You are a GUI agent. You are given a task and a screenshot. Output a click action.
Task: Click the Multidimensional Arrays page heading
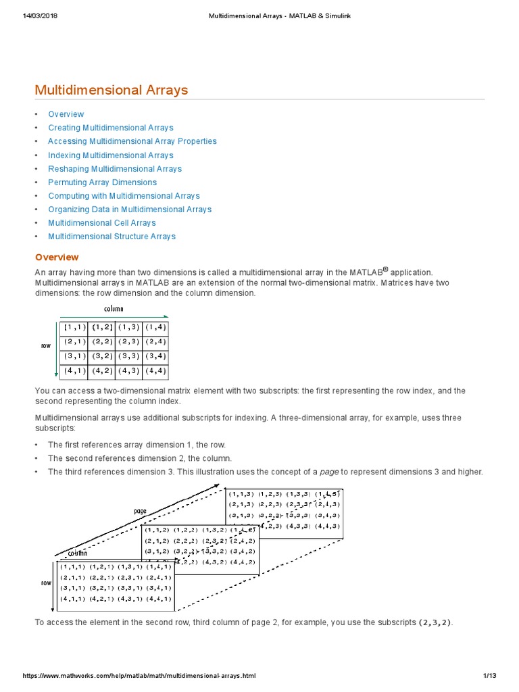click(112, 90)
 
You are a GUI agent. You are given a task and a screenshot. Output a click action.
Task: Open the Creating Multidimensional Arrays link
click(110, 128)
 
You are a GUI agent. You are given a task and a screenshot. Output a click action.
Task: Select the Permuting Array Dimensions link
click(102, 182)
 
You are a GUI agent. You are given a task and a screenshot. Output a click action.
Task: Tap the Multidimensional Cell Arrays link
click(101, 223)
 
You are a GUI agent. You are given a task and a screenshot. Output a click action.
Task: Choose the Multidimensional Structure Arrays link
click(112, 237)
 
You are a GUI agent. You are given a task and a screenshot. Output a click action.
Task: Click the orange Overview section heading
click(57, 257)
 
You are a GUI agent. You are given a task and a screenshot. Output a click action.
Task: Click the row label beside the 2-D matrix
click(46, 345)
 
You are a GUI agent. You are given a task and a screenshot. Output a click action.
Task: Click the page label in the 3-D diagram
click(140, 512)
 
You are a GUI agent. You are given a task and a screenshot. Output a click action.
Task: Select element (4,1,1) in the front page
click(73, 598)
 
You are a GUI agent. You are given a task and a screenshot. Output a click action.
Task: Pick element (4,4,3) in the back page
click(328, 526)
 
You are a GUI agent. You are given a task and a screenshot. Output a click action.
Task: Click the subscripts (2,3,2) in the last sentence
click(436, 622)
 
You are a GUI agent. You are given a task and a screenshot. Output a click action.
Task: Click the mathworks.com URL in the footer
click(139, 675)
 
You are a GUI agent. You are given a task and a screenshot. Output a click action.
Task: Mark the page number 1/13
click(489, 675)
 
